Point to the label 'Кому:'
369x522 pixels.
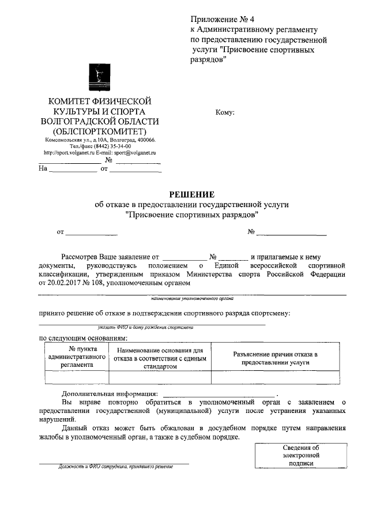tap(224, 112)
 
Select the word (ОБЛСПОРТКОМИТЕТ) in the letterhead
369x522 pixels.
tap(100, 131)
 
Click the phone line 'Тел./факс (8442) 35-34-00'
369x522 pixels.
tap(100, 147)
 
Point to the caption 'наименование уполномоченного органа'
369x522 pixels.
tap(192, 299)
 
